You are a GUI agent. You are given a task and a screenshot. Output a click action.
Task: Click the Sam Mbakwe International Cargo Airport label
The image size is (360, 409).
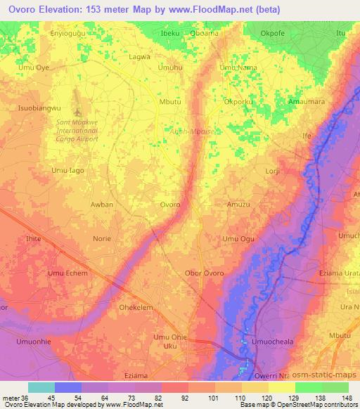click(79, 130)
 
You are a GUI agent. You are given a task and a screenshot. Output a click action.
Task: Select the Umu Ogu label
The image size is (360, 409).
click(238, 239)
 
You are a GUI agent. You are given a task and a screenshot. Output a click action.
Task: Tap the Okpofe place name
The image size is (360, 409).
click(292, 32)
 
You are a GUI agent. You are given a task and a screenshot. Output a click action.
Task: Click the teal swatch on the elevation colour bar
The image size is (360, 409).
click(41, 387)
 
